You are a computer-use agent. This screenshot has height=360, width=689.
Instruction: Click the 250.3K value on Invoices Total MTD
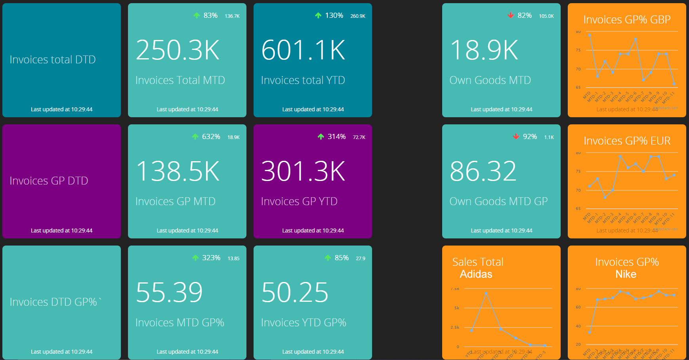pos(177,50)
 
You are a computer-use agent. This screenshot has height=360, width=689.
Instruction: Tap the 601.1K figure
pos(303,50)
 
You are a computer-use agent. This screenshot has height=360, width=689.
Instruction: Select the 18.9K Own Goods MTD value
pos(484,50)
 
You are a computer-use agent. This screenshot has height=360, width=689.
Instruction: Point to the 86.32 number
pos(483,171)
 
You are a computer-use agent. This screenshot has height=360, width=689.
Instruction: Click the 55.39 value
pos(169,293)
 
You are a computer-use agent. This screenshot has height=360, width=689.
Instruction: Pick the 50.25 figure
pos(295,293)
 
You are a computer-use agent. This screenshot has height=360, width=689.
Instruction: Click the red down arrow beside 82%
pos(511,15)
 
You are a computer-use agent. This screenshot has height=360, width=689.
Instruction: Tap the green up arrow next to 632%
pos(195,137)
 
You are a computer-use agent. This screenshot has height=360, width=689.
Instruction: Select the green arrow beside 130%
pos(318,15)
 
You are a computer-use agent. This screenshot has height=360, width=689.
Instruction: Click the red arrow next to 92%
pos(516,137)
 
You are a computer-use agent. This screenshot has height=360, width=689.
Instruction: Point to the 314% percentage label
pos(337,137)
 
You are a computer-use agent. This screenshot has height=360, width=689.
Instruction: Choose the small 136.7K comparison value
pos(232,16)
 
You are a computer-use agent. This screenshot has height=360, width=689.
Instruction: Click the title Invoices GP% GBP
pos(627,19)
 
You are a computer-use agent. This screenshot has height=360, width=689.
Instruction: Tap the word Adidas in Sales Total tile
pos(476,274)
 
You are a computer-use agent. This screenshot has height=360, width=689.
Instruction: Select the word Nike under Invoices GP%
pos(626,274)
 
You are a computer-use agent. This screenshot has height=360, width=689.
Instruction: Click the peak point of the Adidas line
pos(486,293)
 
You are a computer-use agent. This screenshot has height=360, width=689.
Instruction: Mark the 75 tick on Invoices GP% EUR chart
pos(578,171)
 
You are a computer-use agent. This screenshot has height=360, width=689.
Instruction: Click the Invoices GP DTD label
pos(49,181)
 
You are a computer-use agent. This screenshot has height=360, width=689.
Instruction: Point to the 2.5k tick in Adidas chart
pos(455,328)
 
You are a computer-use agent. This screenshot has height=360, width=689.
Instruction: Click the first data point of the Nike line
pos(590,332)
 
